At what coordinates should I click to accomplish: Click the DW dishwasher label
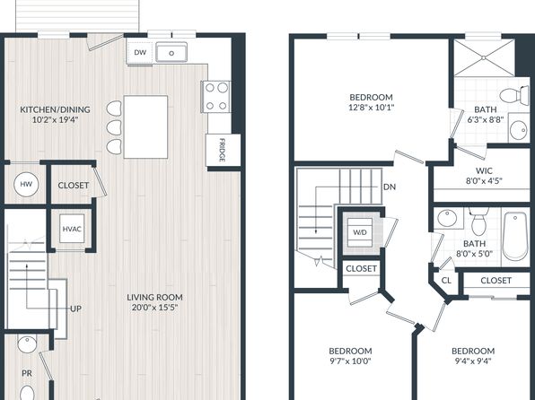[x=140, y=53]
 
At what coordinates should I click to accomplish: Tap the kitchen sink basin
[x=171, y=53]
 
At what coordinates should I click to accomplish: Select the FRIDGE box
[x=224, y=150]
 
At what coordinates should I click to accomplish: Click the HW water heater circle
[x=26, y=184]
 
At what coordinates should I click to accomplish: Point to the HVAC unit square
[x=72, y=229]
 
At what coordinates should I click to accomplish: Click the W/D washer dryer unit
[x=360, y=232]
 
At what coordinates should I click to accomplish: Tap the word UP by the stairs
[x=75, y=309]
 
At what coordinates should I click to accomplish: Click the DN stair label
[x=390, y=187]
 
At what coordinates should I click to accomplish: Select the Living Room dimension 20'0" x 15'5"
[x=155, y=308]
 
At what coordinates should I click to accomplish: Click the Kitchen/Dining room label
[x=56, y=109]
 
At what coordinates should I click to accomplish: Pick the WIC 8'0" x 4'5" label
[x=484, y=175]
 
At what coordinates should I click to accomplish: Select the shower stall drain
[x=484, y=58]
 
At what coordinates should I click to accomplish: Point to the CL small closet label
[x=446, y=281]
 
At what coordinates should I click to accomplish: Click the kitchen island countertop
[x=145, y=126]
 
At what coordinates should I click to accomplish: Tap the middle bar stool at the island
[x=114, y=127]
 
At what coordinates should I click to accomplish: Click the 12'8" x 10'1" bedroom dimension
[x=372, y=108]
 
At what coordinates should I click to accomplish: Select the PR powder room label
[x=27, y=373]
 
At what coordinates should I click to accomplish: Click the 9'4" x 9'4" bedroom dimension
[x=473, y=361]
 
